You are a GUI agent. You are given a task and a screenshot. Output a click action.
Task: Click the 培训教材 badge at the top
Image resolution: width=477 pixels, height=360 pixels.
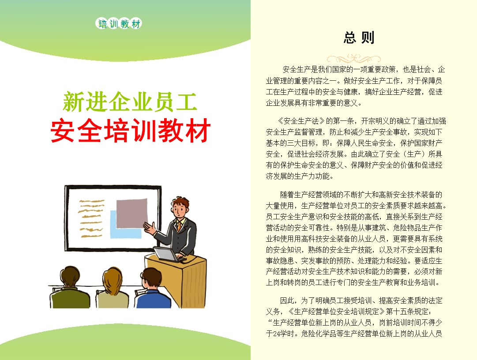tap(119, 24)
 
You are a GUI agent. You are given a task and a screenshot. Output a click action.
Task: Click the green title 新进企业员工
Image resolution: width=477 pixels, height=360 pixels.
tap(129, 102)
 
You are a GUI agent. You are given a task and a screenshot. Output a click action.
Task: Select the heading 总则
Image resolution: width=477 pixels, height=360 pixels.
tap(359, 38)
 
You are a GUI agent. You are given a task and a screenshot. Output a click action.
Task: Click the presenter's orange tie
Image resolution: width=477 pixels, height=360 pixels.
tap(180, 226)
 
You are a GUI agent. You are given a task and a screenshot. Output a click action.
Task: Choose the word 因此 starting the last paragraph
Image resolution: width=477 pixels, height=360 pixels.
tap(287, 301)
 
